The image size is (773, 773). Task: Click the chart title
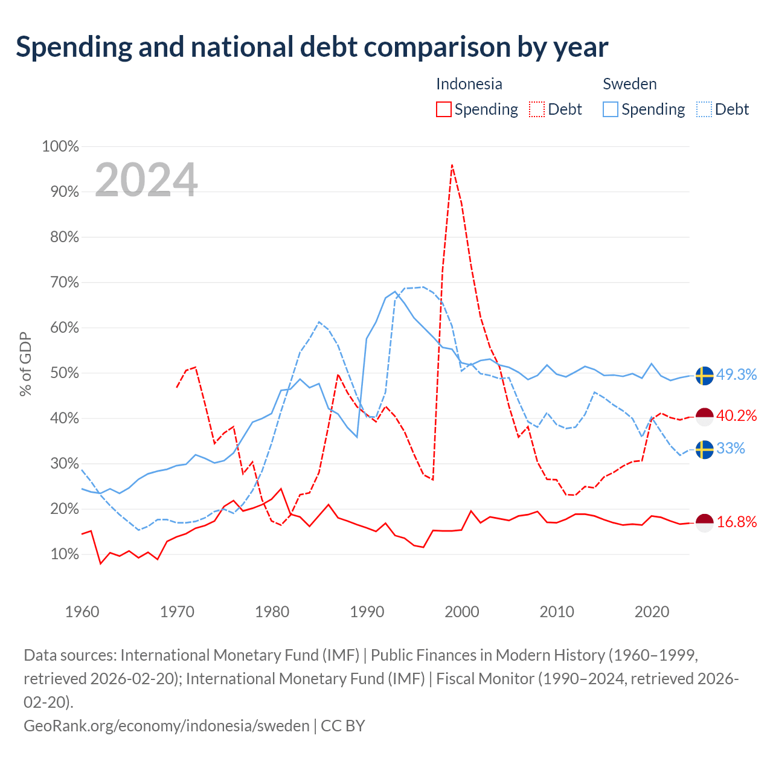[312, 47]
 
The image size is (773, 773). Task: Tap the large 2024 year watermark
[146, 179]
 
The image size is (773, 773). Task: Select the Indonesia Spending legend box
[443, 109]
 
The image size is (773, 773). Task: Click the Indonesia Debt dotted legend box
[536, 109]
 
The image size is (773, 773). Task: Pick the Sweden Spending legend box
[610, 109]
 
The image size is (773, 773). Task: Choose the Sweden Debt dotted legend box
[704, 109]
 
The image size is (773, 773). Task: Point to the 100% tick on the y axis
[60, 146]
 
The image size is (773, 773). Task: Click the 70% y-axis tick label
[65, 283]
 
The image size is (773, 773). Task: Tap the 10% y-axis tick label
[65, 554]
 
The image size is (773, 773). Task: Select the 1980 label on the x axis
[272, 612]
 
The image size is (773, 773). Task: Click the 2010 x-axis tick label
[557, 612]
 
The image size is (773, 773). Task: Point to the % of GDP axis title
[25, 364]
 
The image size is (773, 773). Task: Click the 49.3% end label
[736, 374]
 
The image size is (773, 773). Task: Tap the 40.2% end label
[736, 415]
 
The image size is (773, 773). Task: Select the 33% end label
[731, 448]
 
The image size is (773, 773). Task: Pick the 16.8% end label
[736, 522]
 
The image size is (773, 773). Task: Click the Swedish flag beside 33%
[704, 449]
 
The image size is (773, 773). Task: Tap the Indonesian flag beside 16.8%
[704, 523]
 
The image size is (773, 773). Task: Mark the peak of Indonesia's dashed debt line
[452, 165]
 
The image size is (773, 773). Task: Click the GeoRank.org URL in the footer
[167, 726]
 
